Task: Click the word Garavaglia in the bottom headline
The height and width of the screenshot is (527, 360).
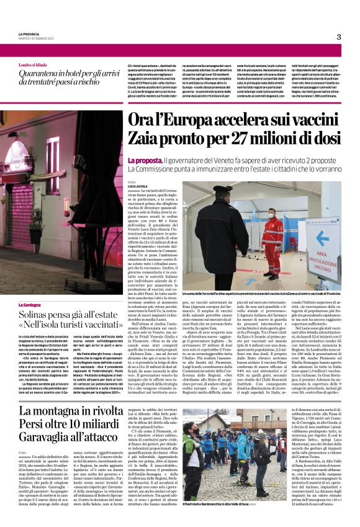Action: point(47,446)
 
